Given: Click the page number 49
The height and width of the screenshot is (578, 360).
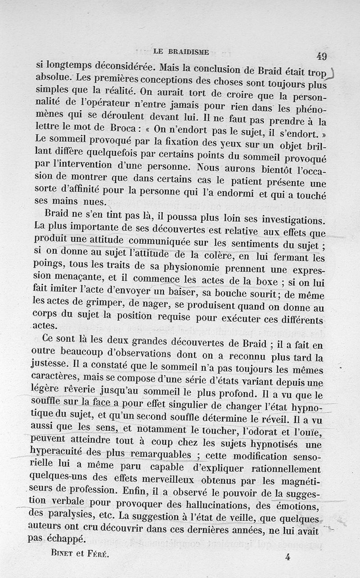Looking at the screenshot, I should [x=321, y=56].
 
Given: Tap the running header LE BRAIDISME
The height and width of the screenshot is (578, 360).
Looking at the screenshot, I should [x=181, y=51].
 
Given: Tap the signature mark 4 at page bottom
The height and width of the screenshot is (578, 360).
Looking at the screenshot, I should [x=288, y=557].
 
